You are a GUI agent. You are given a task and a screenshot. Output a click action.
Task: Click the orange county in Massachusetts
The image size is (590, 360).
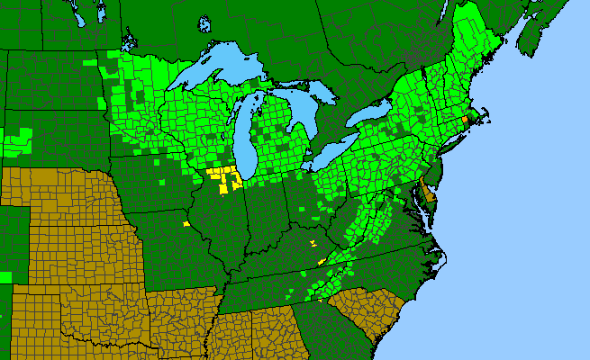click(465, 119)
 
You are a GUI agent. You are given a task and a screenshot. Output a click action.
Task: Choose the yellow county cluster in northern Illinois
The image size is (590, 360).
click(225, 175)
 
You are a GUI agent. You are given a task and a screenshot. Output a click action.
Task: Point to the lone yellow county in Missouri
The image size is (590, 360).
click(186, 223)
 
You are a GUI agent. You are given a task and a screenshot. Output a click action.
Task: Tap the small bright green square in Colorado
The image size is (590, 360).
click(5, 275)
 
